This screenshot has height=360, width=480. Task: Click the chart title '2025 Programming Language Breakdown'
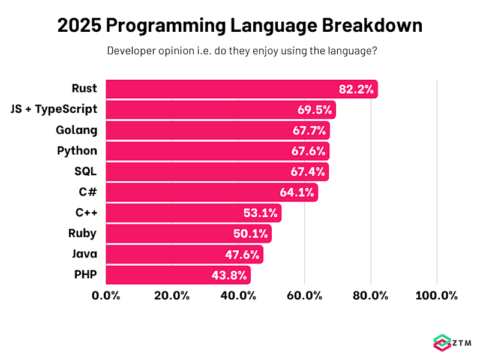[240, 26]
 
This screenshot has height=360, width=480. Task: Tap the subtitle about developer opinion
[242, 50]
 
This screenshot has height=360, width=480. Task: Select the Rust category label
[84, 89]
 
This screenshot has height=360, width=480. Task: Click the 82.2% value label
[356, 90]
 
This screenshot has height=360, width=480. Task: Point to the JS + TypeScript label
[54, 109]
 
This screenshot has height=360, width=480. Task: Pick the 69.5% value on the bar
[315, 110]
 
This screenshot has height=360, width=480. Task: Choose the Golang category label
[77, 130]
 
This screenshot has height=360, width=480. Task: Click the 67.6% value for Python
[308, 151]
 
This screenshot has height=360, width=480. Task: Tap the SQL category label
[85, 171]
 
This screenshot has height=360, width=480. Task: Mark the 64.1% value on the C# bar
[297, 193]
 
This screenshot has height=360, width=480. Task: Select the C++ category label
[86, 212]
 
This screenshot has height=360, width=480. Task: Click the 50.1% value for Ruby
[251, 234]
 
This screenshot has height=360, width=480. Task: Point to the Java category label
[84, 254]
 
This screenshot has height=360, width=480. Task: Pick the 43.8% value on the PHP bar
[230, 275]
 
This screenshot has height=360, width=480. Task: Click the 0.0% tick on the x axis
[106, 295]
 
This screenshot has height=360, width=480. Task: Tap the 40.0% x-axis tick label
[238, 295]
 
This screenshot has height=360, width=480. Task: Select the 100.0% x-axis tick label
[436, 295]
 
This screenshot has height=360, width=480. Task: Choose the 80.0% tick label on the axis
[370, 295]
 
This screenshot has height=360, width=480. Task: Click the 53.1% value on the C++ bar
[260, 214]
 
